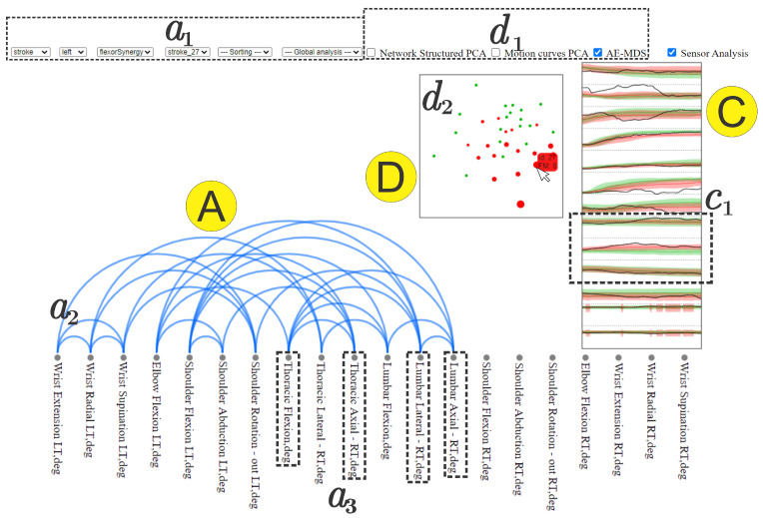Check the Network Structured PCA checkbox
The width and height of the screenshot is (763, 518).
click(372, 52)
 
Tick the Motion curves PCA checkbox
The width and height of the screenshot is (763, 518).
click(497, 52)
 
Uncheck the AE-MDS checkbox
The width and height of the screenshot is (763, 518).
click(598, 52)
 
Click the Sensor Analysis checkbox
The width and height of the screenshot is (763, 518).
click(672, 52)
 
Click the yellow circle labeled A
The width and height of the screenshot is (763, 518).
click(209, 208)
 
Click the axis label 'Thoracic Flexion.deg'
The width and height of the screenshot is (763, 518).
click(288, 410)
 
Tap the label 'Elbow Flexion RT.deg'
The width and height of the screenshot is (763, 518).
click(585, 409)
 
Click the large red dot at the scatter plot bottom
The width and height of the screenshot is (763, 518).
click(519, 204)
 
